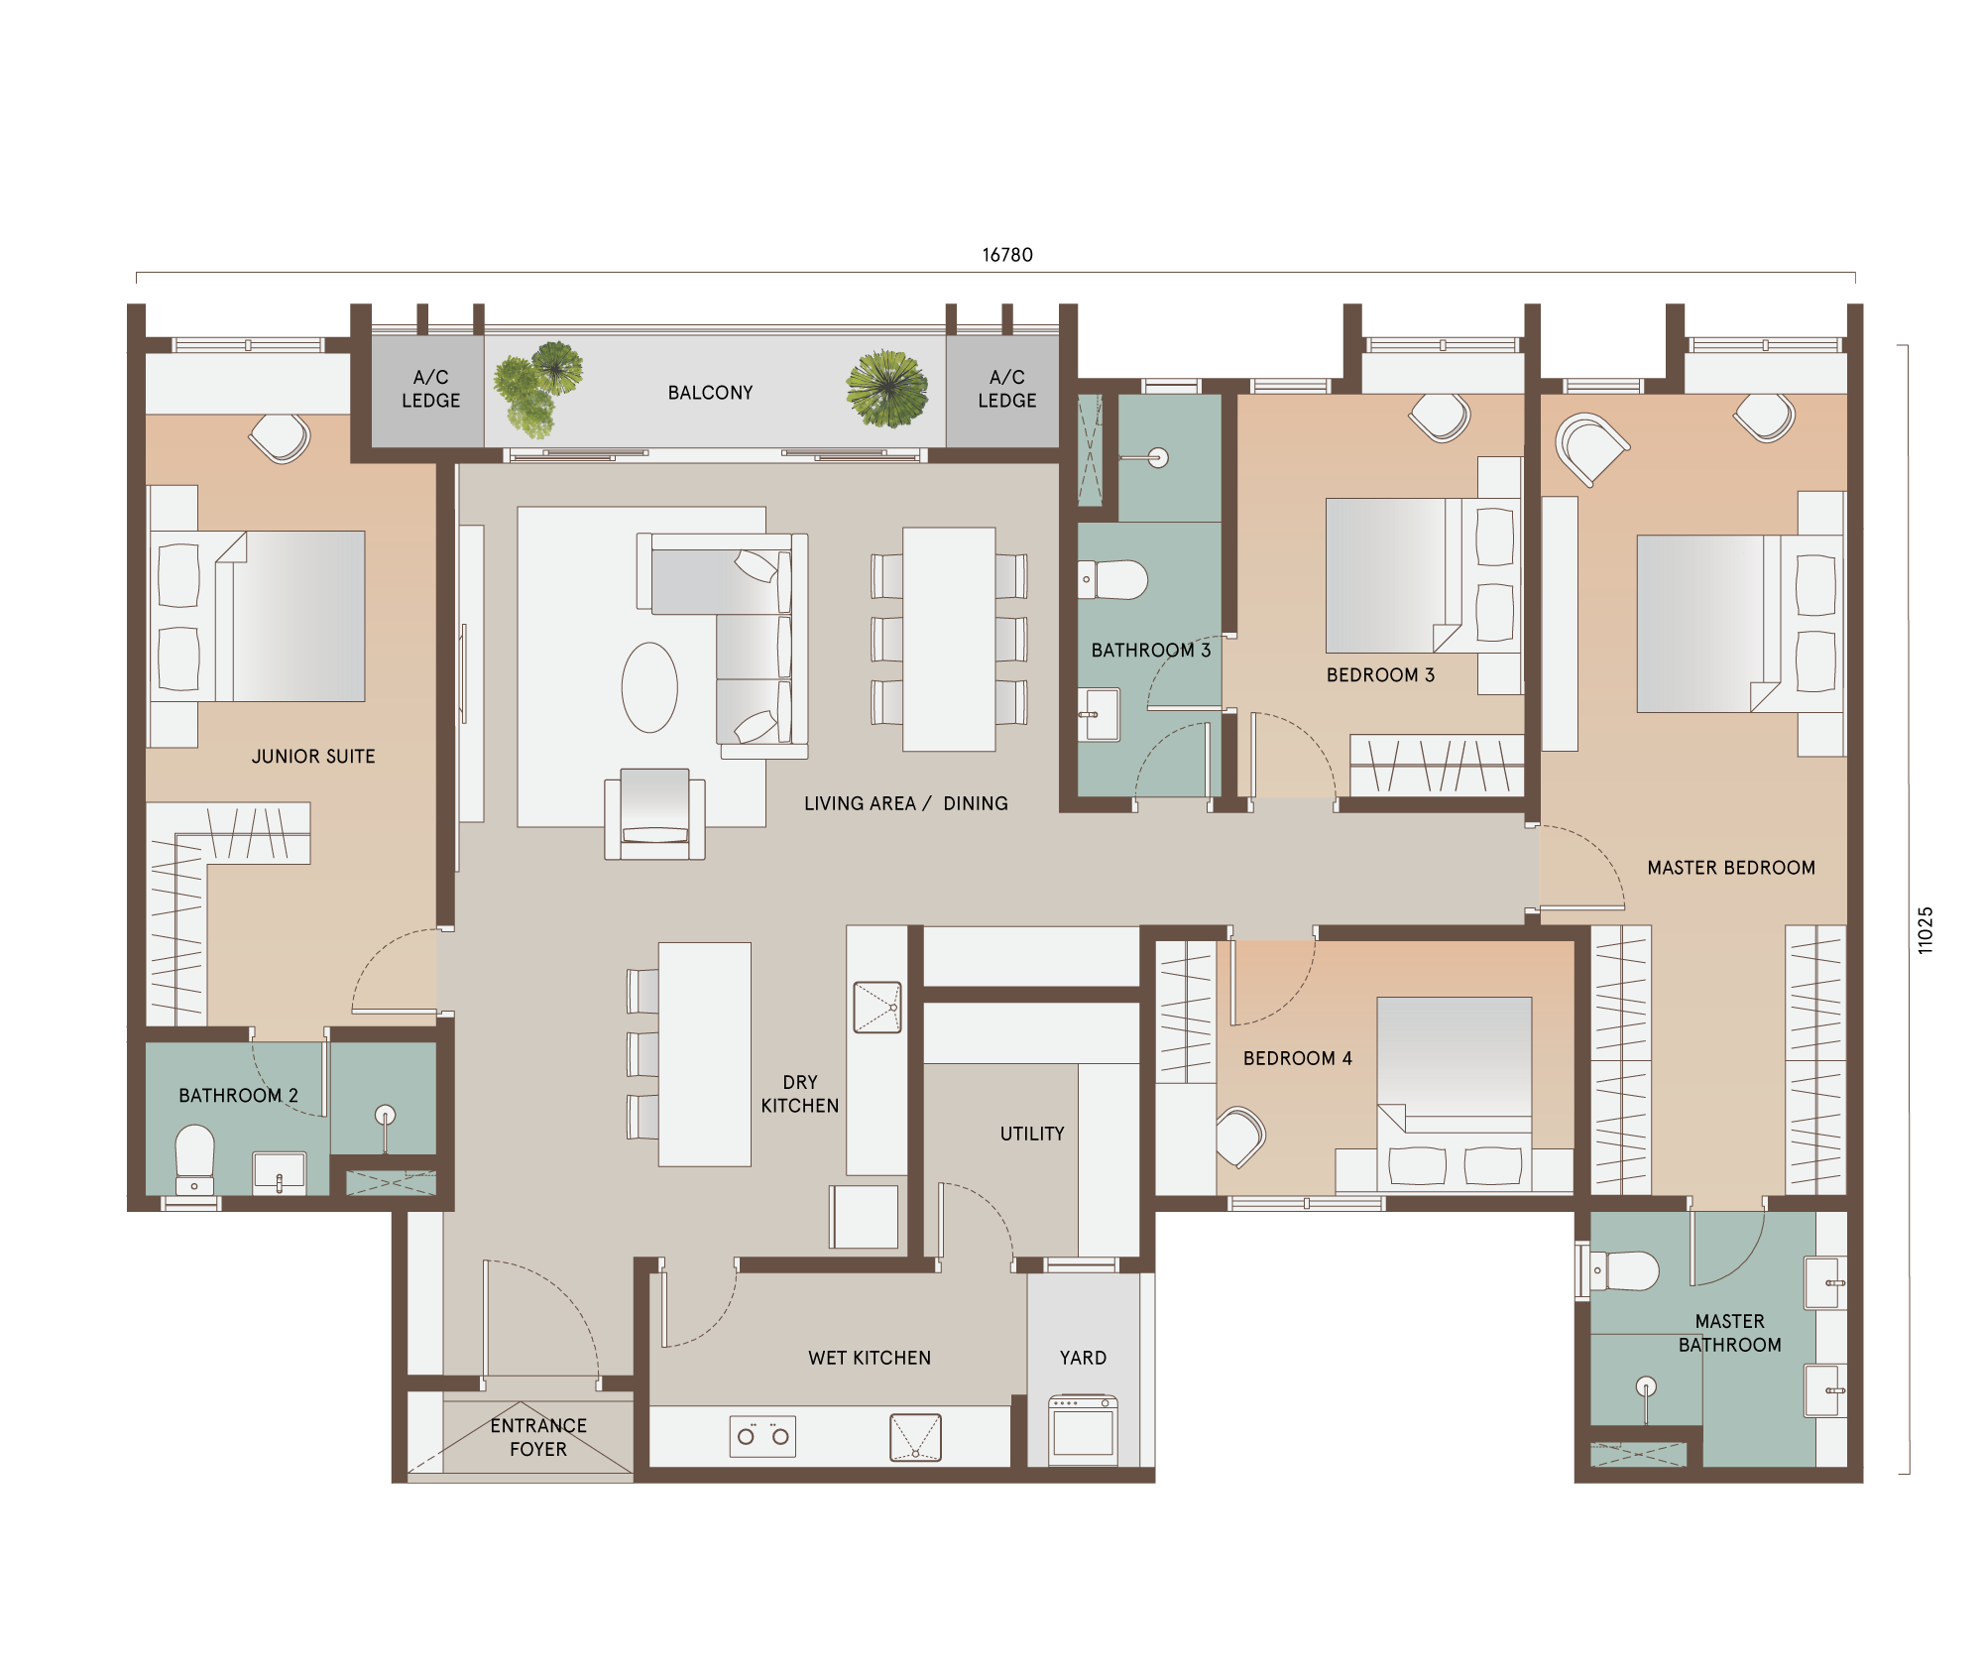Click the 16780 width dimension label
pos(1007,255)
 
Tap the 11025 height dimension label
pos(1925,930)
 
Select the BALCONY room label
pos(710,393)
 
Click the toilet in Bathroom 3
pos(1113,580)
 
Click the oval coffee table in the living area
pos(649,687)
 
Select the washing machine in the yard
pos(1083,1430)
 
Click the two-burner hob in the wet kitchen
pos(762,1435)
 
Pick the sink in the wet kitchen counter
pos(915,1437)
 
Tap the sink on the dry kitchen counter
pos(877,1008)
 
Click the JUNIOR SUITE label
pos(313,757)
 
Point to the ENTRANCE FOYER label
pos(538,1437)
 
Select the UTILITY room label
pos(1032,1134)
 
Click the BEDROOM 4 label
pos(1298,1058)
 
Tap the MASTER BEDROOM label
pos(1731,868)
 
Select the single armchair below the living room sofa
pos(654,814)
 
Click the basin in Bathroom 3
pos(1100,714)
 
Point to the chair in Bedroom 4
pos(1240,1137)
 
